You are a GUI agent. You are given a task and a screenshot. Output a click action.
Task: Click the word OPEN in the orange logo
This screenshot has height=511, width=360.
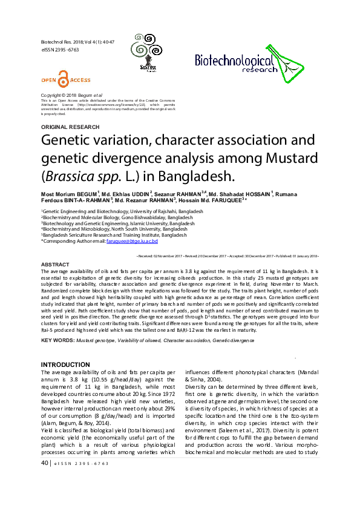click(x=48, y=80)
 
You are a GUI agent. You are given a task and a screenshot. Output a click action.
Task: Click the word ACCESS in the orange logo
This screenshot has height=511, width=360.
click(x=79, y=80)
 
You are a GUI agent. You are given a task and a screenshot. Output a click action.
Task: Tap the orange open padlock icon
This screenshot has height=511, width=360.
click(x=63, y=79)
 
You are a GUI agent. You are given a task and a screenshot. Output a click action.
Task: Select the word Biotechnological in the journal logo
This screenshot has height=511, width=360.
click(x=235, y=60)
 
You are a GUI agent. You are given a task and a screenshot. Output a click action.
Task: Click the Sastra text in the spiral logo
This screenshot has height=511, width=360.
click(x=146, y=67)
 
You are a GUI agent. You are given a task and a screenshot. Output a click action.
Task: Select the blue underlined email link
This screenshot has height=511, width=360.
click(x=132, y=241)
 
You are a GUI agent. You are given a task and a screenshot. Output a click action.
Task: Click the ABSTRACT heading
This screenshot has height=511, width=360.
click(x=55, y=265)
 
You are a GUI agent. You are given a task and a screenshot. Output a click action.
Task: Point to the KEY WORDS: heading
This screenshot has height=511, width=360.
click(x=57, y=340)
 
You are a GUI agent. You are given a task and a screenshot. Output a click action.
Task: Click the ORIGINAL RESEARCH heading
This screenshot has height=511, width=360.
click(x=70, y=127)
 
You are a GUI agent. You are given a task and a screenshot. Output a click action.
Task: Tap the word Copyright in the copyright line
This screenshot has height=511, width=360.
click(x=50, y=96)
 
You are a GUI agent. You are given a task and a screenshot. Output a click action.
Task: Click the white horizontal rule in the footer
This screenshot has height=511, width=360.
click(x=182, y=457)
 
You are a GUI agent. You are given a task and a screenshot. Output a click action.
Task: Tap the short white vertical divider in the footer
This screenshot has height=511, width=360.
click(x=74, y=463)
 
